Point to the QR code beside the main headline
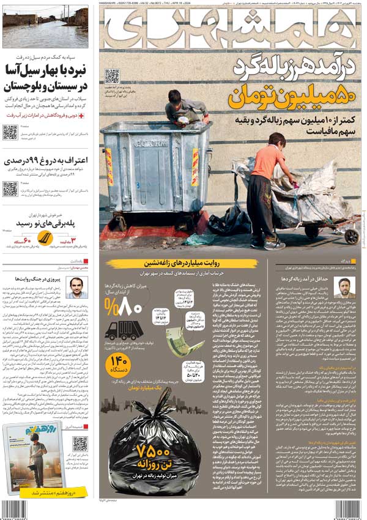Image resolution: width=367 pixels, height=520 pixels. click(111, 76)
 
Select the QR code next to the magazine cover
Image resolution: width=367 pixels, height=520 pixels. click(79, 444)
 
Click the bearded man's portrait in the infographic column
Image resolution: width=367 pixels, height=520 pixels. click(344, 287)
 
